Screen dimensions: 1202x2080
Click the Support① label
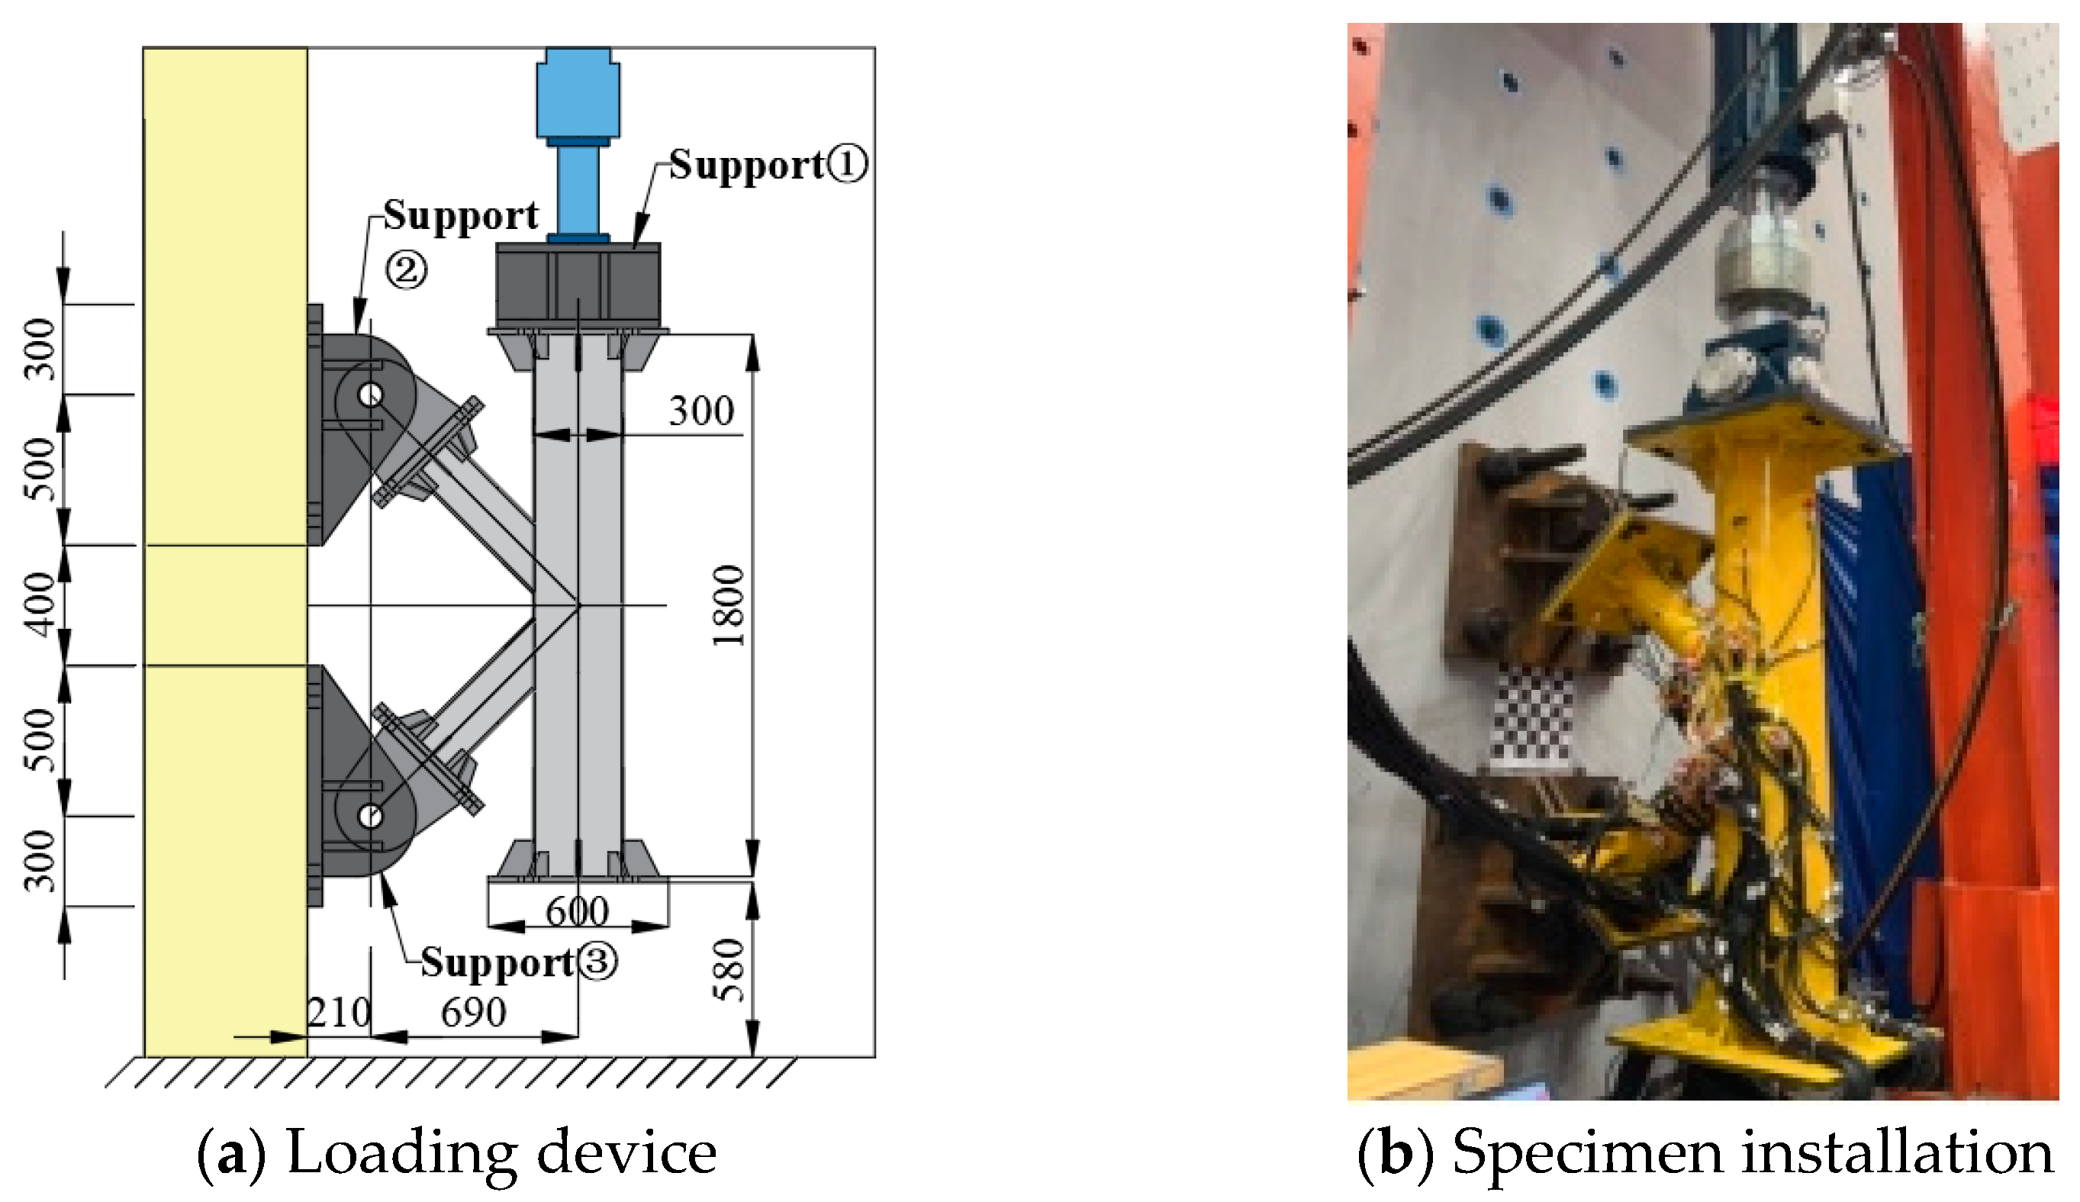coord(768,165)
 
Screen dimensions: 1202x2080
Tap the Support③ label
coord(518,962)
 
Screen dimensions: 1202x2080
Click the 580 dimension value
coord(729,970)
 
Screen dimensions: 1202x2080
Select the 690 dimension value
coord(473,1013)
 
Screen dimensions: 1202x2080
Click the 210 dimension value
coord(340,1013)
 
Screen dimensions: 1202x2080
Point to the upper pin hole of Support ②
coord(371,395)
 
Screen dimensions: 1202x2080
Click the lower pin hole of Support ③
coord(371,817)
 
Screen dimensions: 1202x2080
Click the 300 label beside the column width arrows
coord(700,411)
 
